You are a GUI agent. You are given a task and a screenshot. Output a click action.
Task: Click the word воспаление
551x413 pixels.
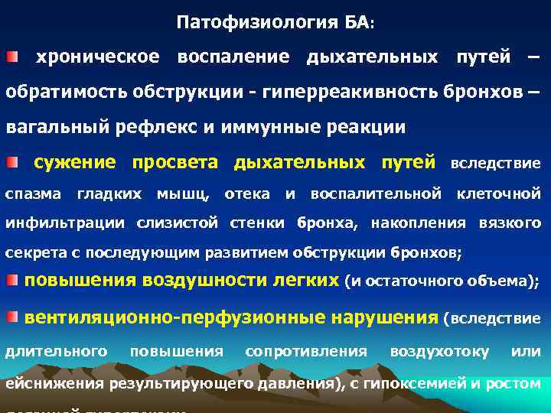pos(233,57)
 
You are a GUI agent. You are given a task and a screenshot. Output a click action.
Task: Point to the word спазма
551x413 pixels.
pos(34,194)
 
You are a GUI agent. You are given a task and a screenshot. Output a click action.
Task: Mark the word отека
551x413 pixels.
pos(246,194)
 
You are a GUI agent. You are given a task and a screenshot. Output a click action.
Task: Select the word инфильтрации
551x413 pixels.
pos(66,223)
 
